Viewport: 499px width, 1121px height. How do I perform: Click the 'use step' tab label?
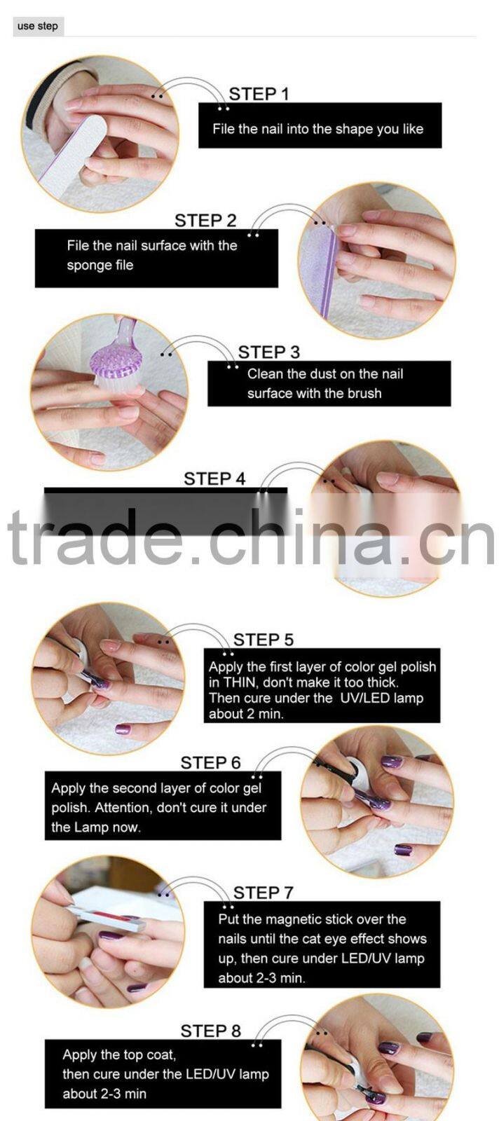coord(38,26)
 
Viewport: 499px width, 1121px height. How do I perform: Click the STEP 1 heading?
coord(259,94)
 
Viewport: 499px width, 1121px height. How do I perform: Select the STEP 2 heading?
coord(205,221)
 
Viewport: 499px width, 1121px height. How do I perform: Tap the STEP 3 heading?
coord(268,352)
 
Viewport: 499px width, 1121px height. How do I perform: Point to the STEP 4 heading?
coord(214,479)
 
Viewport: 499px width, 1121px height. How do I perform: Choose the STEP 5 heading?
coord(263,640)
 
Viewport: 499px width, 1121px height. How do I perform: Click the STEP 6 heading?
coord(210,762)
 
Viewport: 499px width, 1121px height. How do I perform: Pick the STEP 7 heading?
coord(263,893)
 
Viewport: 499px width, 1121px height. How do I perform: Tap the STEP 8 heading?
coord(210,1031)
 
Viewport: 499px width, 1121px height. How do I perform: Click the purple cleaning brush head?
coord(116,361)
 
